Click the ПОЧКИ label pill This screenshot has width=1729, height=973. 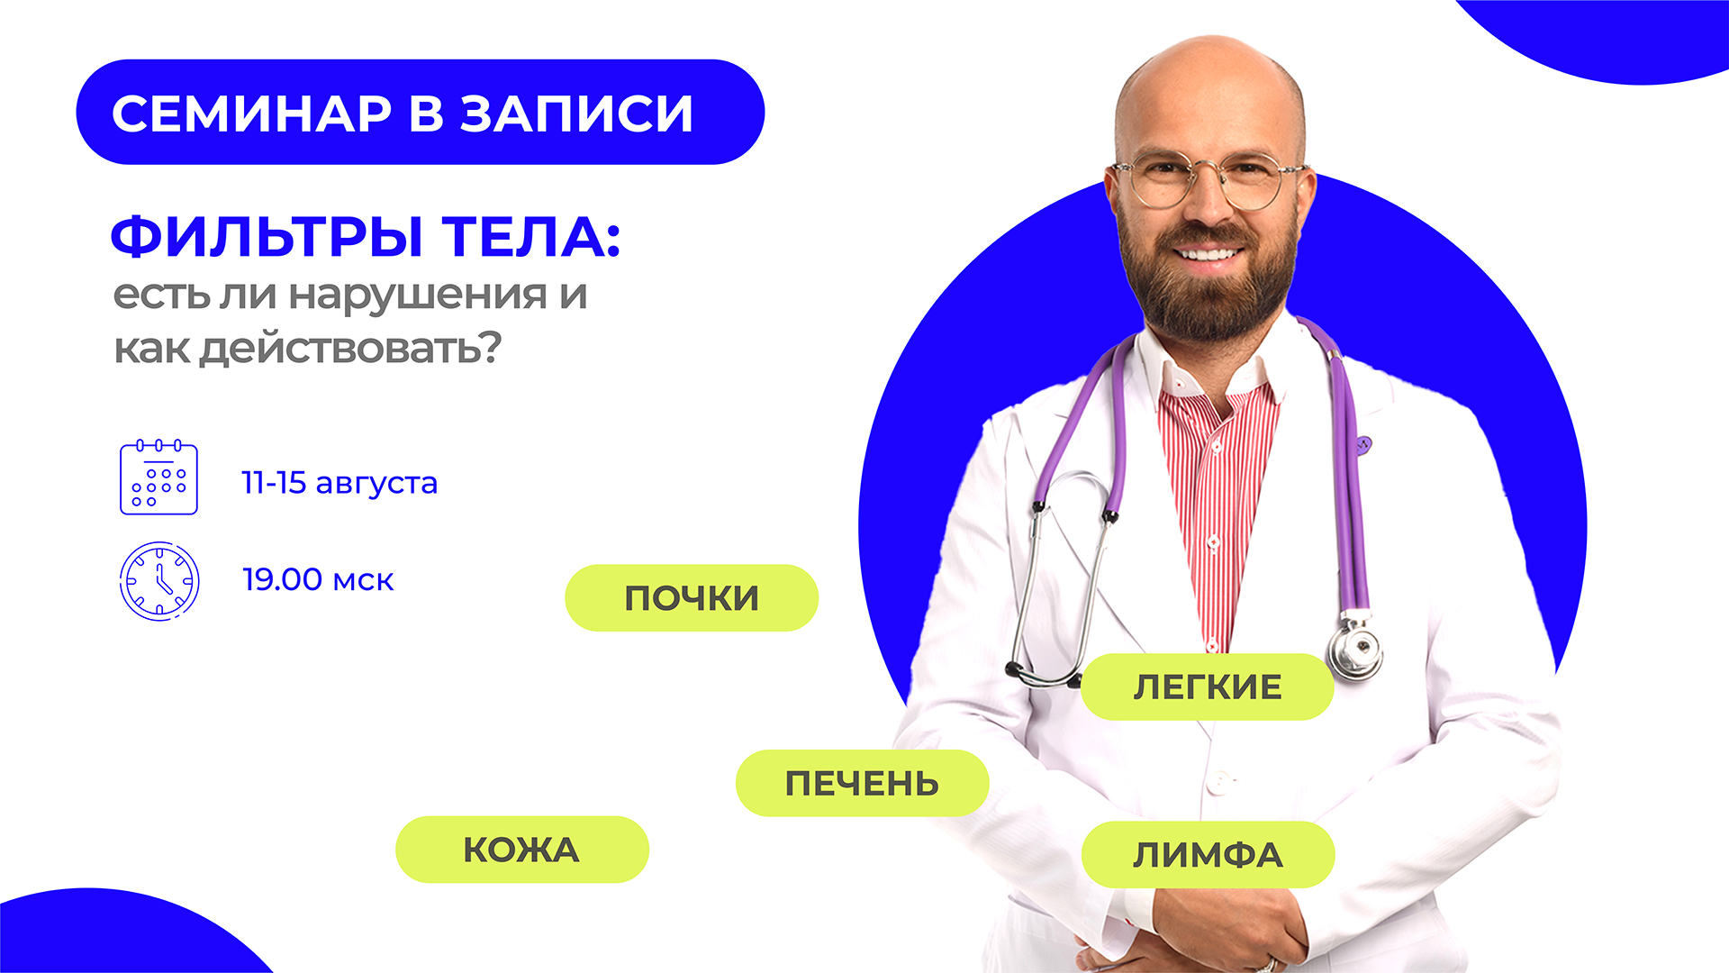[692, 598]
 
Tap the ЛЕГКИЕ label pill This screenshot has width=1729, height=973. [1207, 687]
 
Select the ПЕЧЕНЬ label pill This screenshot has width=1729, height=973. [862, 783]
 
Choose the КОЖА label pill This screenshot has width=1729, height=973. [522, 850]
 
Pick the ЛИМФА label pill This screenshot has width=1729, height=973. [1208, 854]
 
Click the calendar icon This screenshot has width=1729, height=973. [158, 477]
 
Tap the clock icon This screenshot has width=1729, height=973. [159, 581]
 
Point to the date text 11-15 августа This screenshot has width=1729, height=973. [339, 483]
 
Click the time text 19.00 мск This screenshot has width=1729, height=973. [318, 579]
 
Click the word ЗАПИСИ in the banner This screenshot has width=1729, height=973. [577, 114]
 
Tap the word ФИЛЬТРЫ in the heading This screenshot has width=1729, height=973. [267, 237]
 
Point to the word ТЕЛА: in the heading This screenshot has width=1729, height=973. [531, 237]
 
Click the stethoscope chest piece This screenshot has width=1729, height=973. [1355, 648]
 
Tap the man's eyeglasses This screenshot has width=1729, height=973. [1209, 179]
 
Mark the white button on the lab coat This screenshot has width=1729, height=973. [1217, 780]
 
